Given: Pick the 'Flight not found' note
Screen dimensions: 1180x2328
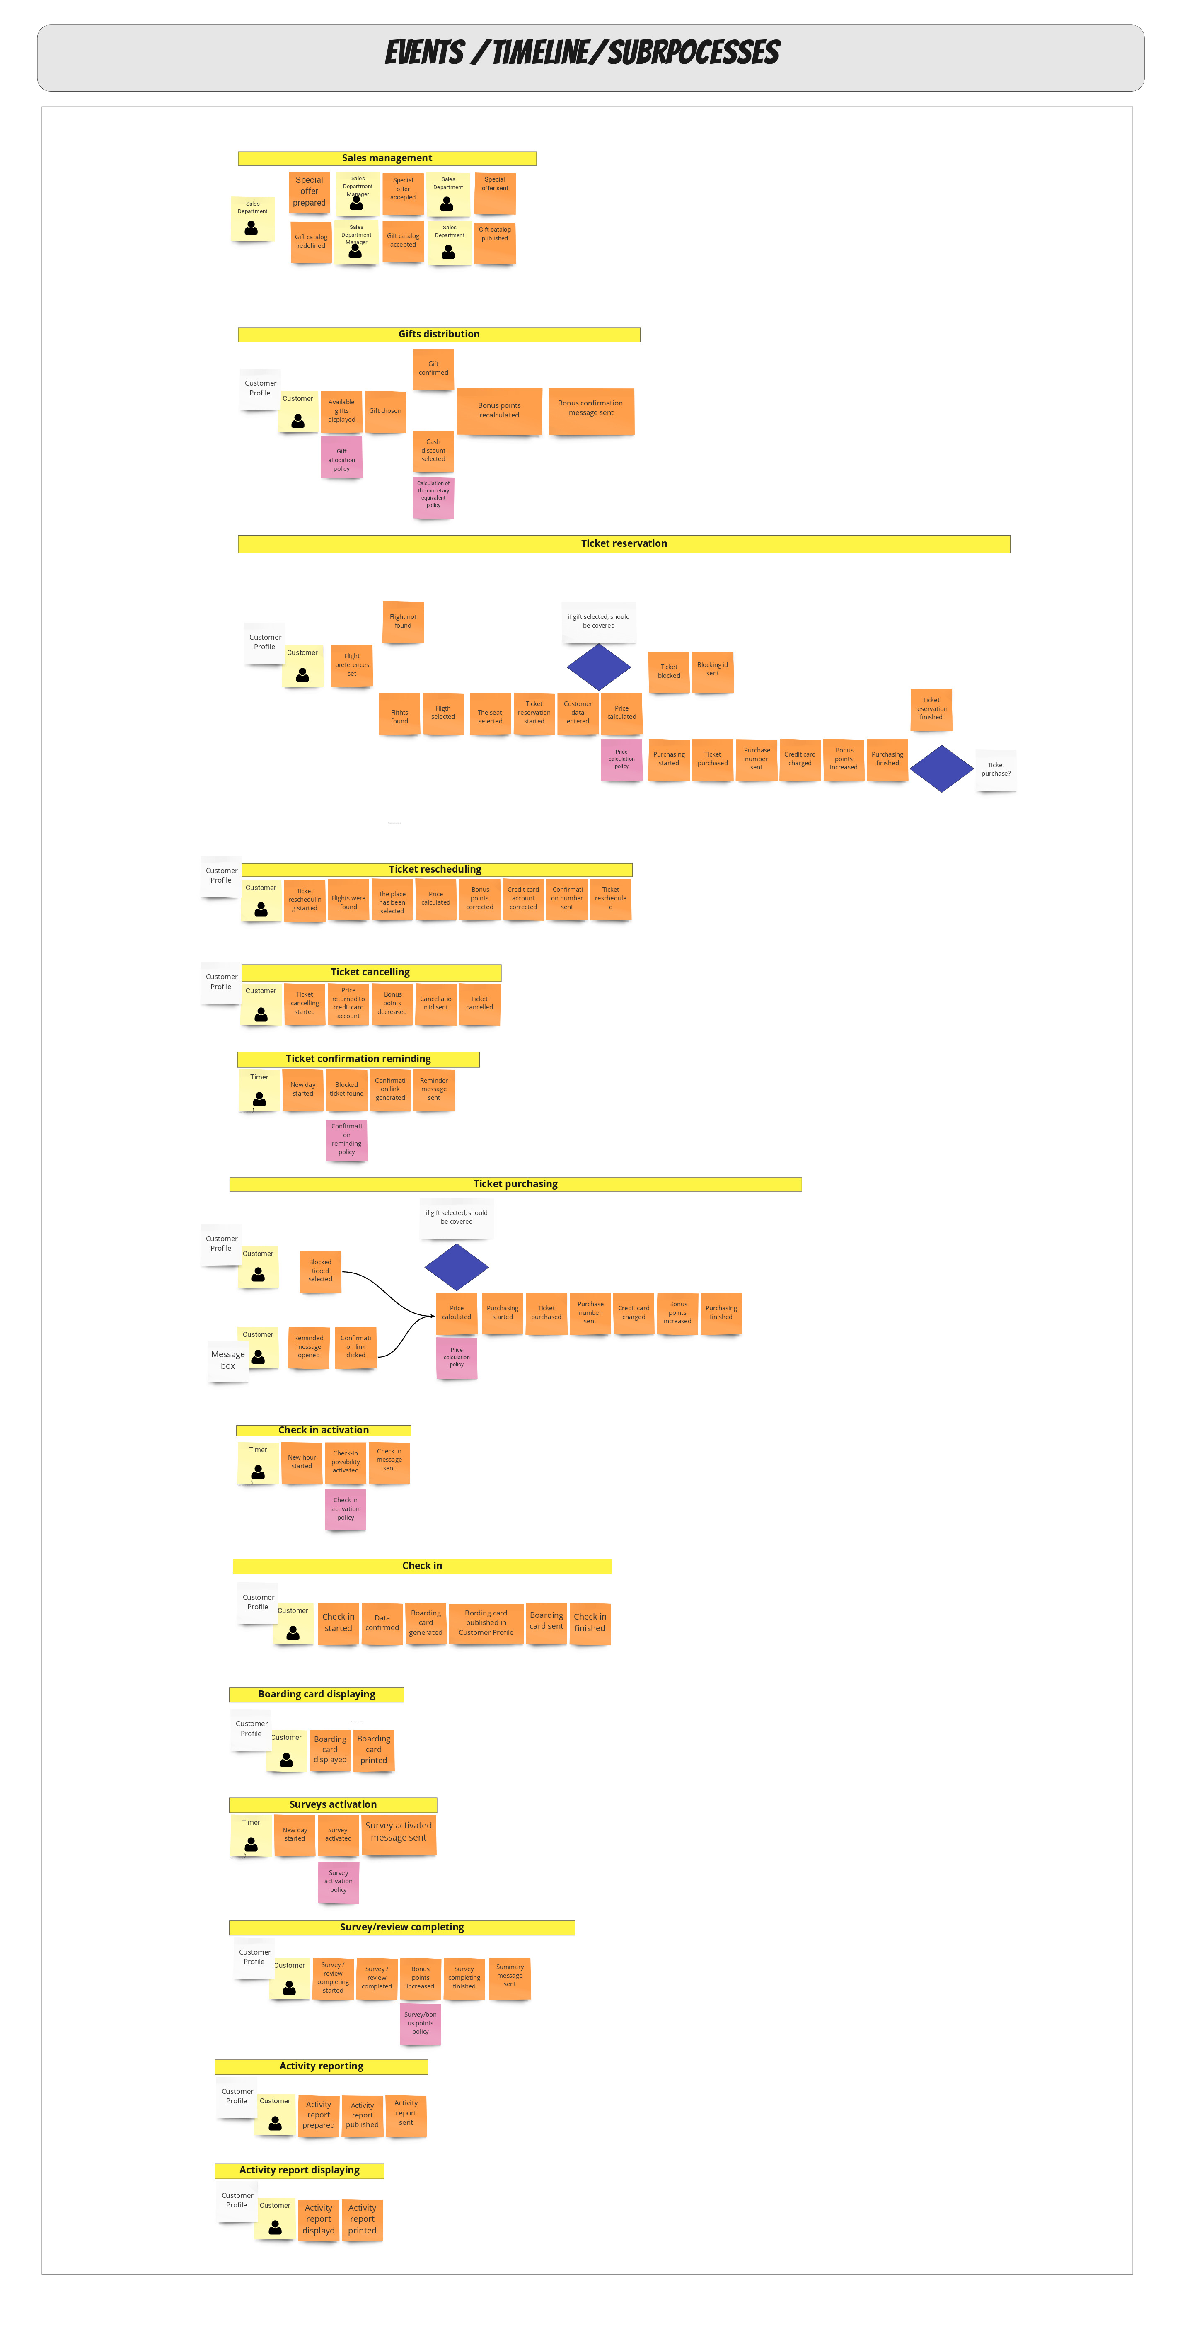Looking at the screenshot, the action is pyautogui.click(x=403, y=622).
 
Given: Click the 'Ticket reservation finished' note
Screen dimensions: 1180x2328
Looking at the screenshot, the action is pyautogui.click(x=931, y=709).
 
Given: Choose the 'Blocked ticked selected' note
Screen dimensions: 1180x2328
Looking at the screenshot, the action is pyautogui.click(x=320, y=1271).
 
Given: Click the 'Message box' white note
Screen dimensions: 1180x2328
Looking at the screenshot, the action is pyautogui.click(x=228, y=1360).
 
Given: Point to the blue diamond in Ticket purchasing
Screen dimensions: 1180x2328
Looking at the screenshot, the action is pyautogui.click(x=456, y=1267).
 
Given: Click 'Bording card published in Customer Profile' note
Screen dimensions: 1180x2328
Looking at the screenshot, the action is pyautogui.click(x=486, y=1623).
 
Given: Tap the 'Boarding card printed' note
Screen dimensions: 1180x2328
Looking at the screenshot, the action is pyautogui.click(x=373, y=1750).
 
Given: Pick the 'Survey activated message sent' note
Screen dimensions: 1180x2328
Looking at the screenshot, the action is pyautogui.click(x=399, y=1832).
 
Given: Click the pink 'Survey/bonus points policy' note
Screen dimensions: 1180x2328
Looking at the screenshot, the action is pyautogui.click(x=420, y=2023).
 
